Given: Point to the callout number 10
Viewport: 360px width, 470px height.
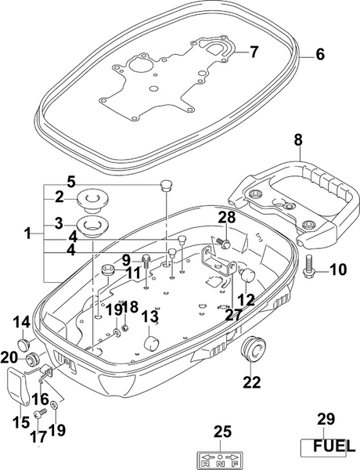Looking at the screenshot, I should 337,270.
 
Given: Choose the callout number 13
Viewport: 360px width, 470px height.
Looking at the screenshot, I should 149,317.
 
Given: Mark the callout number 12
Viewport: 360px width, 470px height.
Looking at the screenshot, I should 247,298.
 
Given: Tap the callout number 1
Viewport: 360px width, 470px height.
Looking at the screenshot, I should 28,233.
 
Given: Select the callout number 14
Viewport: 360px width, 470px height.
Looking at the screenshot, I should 21,321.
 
